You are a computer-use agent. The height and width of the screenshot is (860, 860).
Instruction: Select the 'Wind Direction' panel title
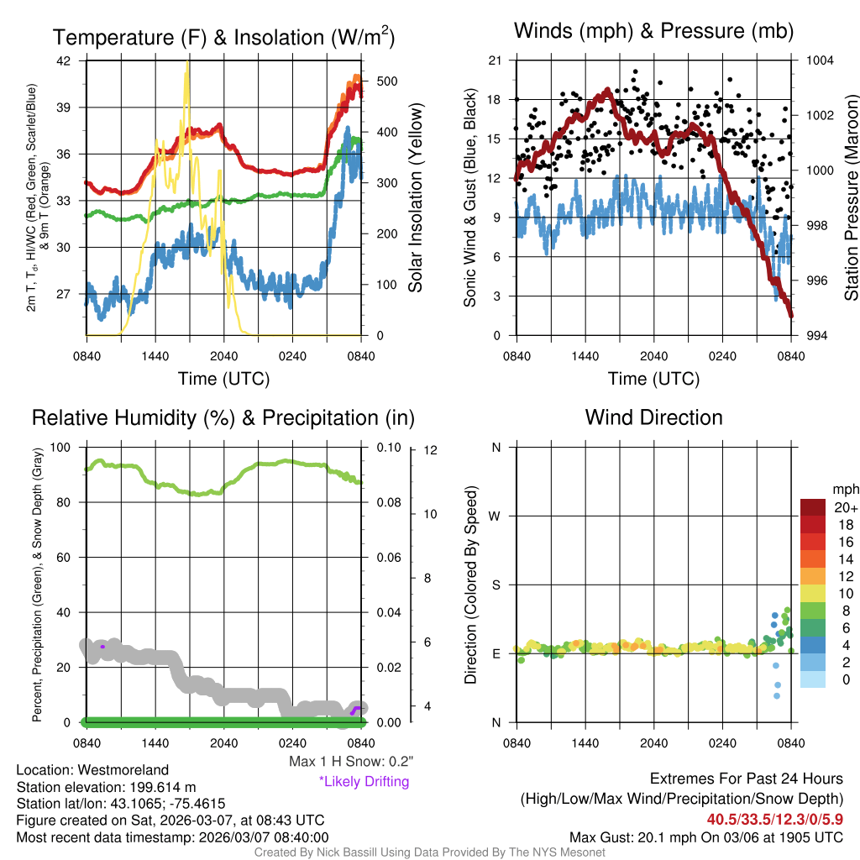653,417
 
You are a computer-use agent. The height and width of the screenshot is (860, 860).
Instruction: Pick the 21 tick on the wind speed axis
494,60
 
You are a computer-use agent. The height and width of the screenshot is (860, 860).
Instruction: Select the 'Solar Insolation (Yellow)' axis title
415,197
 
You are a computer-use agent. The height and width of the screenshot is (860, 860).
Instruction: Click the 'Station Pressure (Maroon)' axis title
850,197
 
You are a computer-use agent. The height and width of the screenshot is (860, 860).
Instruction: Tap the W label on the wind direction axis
495,516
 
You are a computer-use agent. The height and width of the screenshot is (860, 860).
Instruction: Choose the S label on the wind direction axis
496,585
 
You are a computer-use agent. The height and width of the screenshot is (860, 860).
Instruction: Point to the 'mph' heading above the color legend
843,489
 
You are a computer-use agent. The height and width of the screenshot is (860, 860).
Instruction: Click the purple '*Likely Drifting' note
364,782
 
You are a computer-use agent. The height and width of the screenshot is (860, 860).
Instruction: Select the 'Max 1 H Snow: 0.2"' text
351,762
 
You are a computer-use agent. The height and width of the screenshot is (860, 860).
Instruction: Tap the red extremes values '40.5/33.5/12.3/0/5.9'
774,819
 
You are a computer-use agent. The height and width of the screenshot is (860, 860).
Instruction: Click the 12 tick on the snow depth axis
431,450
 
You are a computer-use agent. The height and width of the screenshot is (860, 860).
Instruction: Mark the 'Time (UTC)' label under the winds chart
653,379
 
